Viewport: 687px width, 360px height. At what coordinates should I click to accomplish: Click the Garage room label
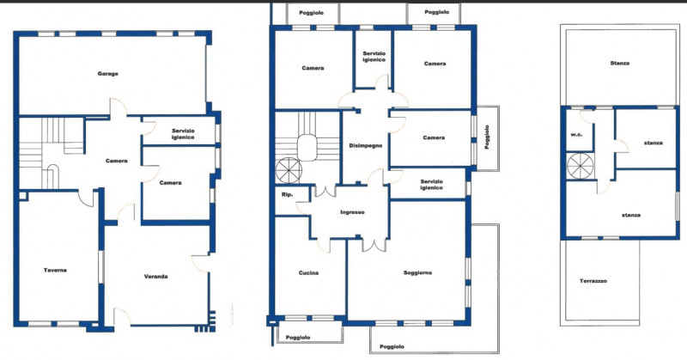click(x=108, y=74)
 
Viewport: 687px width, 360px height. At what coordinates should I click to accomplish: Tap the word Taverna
click(x=55, y=270)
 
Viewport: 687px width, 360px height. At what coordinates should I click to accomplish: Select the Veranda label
click(x=156, y=277)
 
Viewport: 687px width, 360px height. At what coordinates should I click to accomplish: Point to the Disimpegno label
click(x=366, y=145)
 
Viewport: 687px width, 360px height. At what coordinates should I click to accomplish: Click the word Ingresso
click(x=352, y=212)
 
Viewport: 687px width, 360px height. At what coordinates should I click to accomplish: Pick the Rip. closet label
click(x=288, y=195)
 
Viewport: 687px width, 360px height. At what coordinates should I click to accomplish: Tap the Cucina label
click(x=308, y=272)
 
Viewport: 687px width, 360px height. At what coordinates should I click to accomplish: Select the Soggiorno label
click(x=417, y=272)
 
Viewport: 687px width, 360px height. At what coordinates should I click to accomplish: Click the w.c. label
click(x=576, y=135)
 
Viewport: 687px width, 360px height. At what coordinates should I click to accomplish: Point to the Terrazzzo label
click(x=593, y=281)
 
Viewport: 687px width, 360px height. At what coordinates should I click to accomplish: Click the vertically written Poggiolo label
click(x=487, y=137)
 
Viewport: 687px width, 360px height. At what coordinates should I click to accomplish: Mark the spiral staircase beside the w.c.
click(x=581, y=166)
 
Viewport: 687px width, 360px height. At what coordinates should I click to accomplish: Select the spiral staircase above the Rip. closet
click(x=289, y=171)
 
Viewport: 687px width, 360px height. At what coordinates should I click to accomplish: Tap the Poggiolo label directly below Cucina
click(x=298, y=338)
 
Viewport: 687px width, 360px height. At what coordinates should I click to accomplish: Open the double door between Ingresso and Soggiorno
click(x=374, y=245)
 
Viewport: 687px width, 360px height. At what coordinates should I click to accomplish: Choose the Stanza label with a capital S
click(x=619, y=63)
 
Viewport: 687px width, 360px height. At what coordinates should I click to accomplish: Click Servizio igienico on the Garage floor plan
click(x=183, y=134)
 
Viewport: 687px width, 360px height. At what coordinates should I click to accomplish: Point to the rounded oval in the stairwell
click(x=307, y=147)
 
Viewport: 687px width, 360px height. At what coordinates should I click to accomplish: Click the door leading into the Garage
click(x=118, y=107)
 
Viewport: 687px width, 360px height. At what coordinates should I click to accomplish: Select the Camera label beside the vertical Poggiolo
click(x=434, y=137)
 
